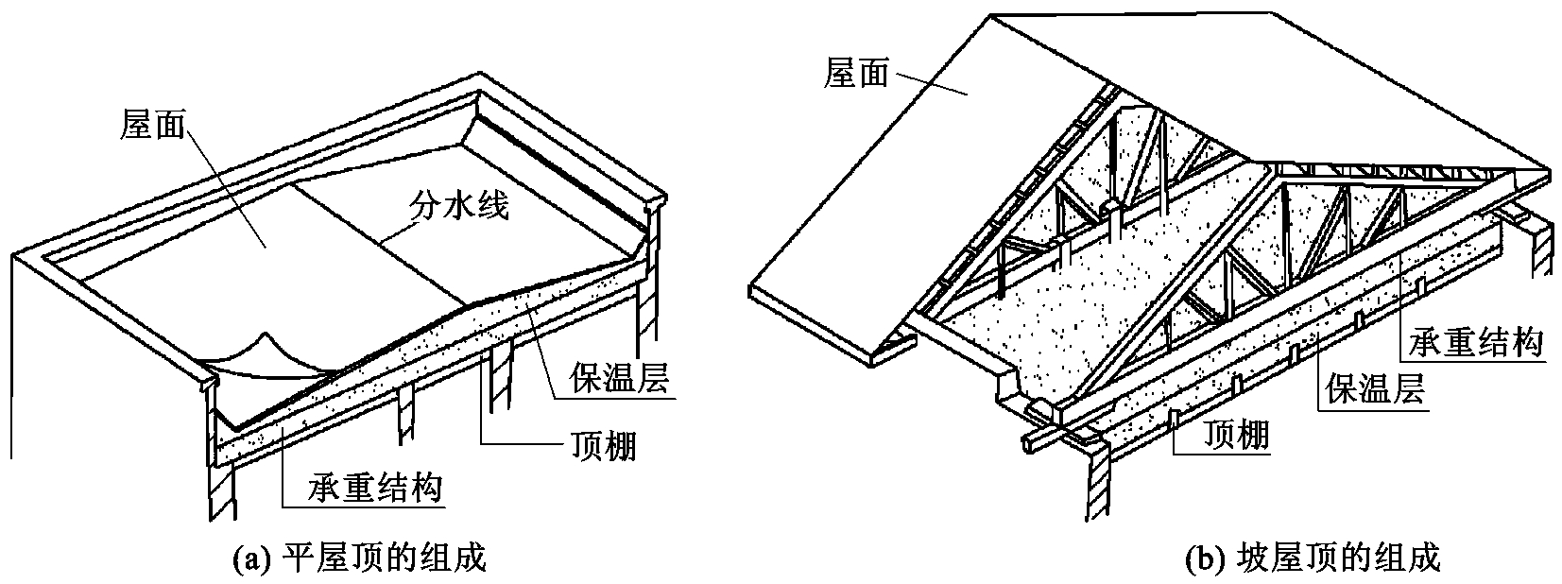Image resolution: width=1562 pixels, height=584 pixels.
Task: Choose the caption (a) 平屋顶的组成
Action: pyautogui.click(x=359, y=558)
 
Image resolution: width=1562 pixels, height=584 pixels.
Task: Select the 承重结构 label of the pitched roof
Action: pyautogui.click(x=1475, y=343)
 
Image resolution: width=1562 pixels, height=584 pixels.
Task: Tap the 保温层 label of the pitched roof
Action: pyautogui.click(x=1375, y=388)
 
